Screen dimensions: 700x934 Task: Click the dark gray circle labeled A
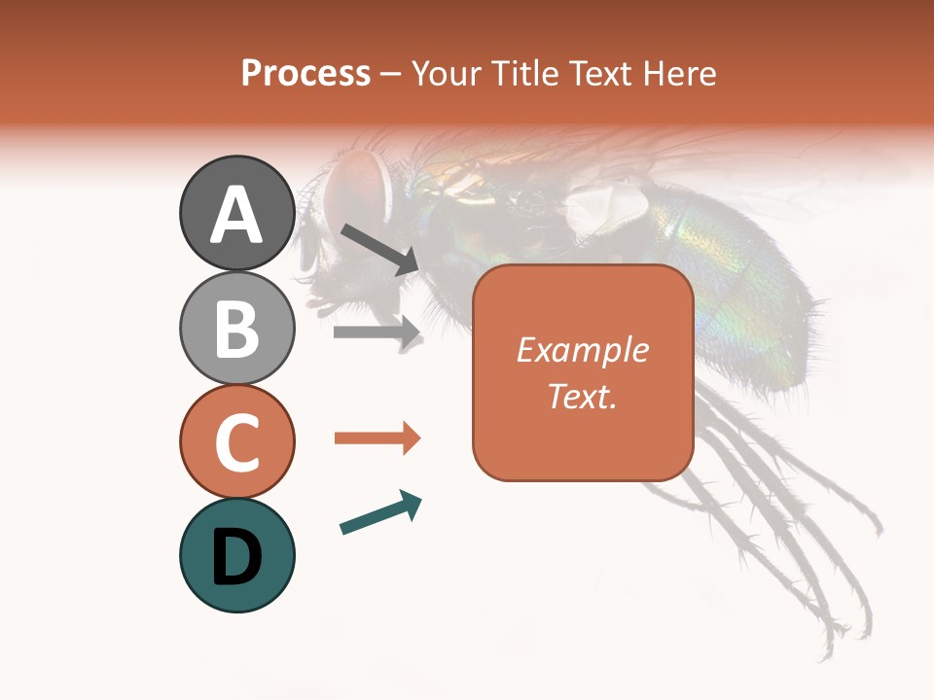[236, 213]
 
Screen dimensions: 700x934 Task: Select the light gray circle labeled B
[236, 328]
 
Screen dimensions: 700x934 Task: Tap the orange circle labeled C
[236, 441]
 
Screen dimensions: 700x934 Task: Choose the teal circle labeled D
[236, 555]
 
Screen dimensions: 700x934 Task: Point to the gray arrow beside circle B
[377, 332]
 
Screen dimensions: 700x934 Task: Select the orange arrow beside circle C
[377, 438]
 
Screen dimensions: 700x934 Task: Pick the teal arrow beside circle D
[380, 512]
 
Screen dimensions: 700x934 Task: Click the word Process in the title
[305, 73]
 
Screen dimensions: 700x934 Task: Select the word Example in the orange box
[582, 350]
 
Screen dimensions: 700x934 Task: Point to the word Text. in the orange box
[582, 397]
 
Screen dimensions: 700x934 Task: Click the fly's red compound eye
[354, 182]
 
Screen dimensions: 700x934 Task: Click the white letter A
[236, 215]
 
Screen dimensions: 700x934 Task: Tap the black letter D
[236, 557]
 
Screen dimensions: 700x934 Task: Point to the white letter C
[236, 443]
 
